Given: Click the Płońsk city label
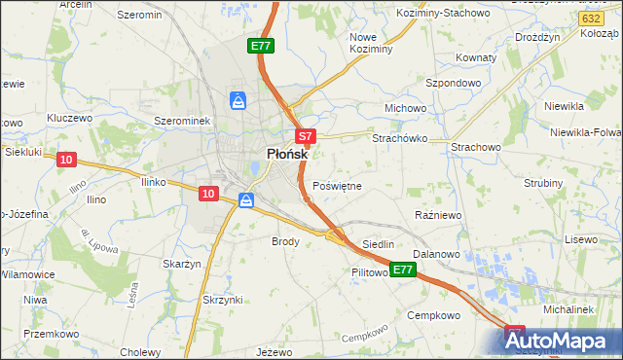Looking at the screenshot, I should pos(288,154).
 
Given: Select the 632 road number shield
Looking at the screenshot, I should pos(588,18).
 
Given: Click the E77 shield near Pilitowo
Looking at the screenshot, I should pos(403,268).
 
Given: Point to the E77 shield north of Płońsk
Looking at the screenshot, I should pos(260,46).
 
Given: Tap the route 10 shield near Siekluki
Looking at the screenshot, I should pos(65,160).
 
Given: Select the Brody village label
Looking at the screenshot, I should pos(285,240).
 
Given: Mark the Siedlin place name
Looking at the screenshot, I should pos(378,244).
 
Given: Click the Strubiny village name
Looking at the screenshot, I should pos(543,183).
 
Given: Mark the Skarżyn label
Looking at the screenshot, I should pos(182,264).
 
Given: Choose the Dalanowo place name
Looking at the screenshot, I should pos(435,254).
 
